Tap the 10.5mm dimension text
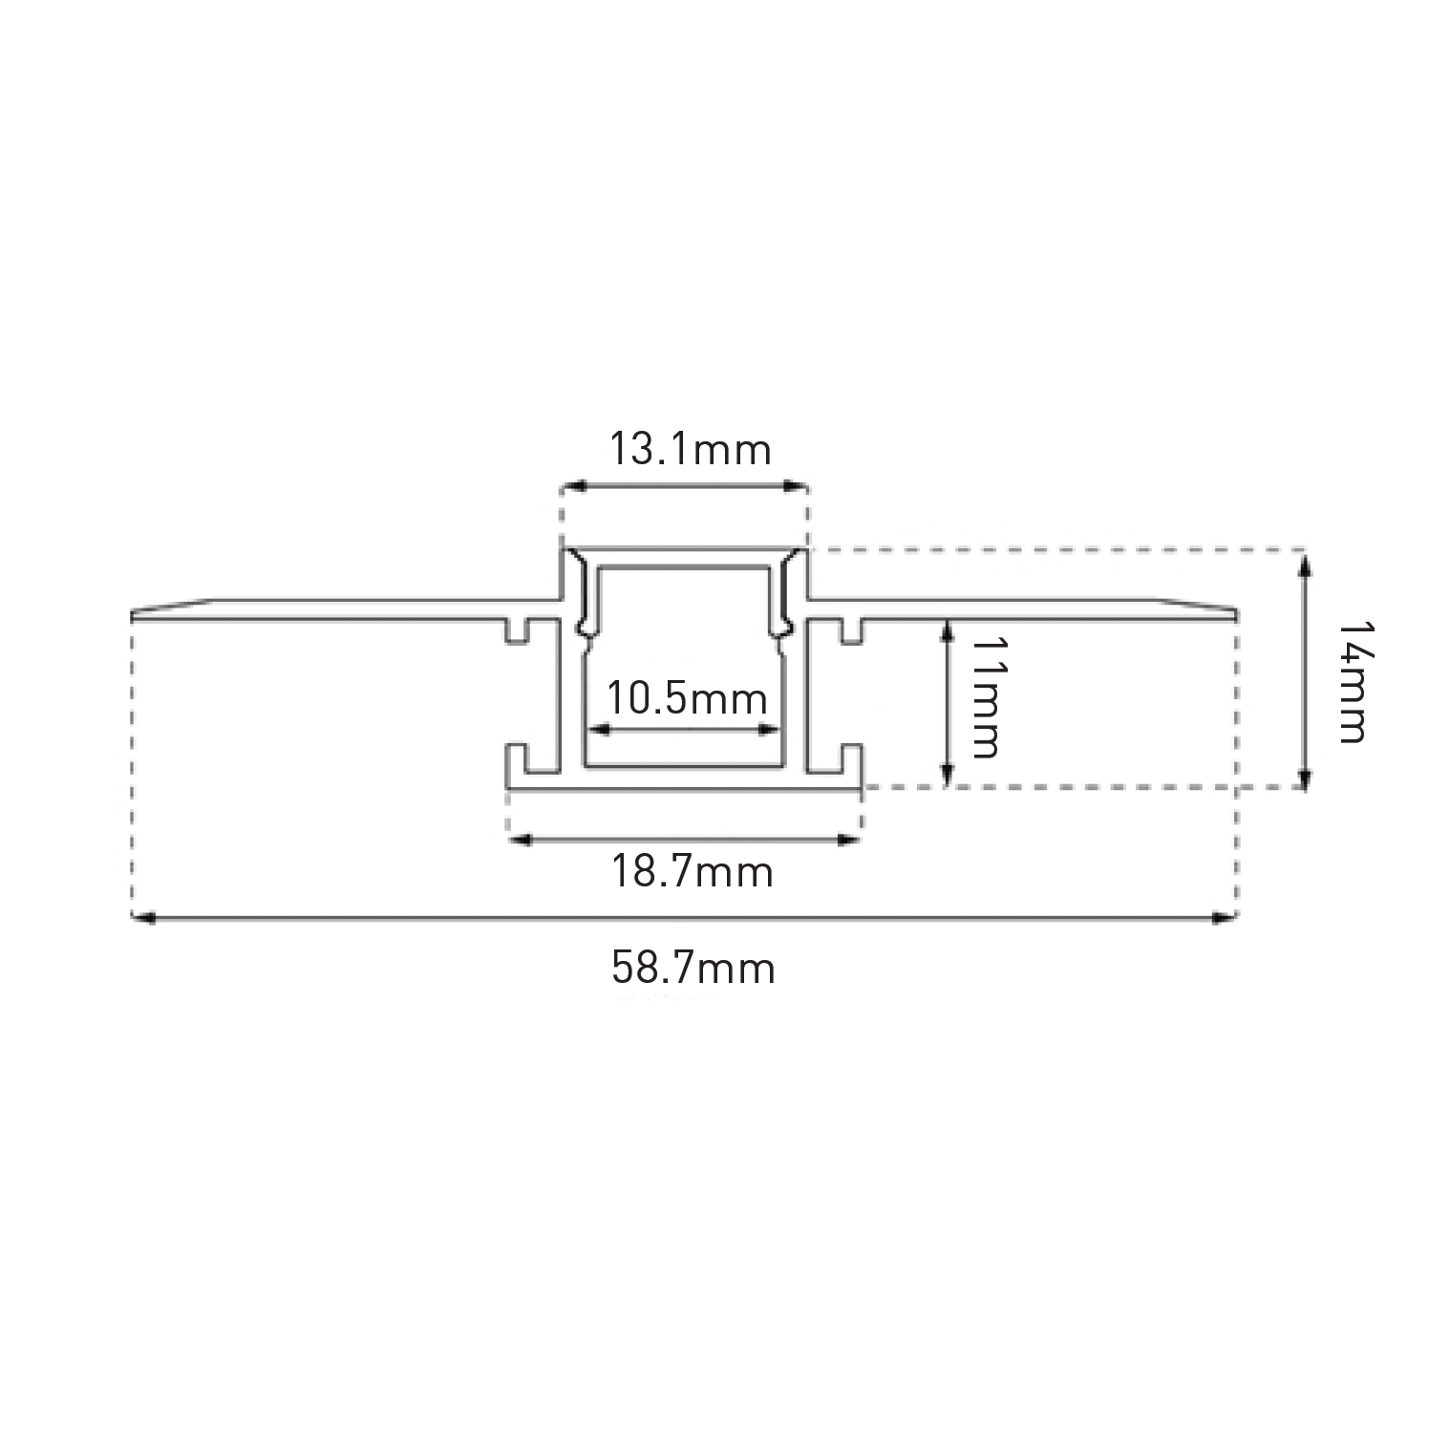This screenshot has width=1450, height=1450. (688, 698)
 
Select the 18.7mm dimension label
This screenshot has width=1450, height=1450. (692, 871)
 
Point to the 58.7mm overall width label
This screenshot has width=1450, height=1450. (693, 968)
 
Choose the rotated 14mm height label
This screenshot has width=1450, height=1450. (1351, 682)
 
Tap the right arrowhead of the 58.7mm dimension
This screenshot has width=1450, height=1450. (1225, 918)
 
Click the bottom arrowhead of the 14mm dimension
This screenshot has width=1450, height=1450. (1305, 775)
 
